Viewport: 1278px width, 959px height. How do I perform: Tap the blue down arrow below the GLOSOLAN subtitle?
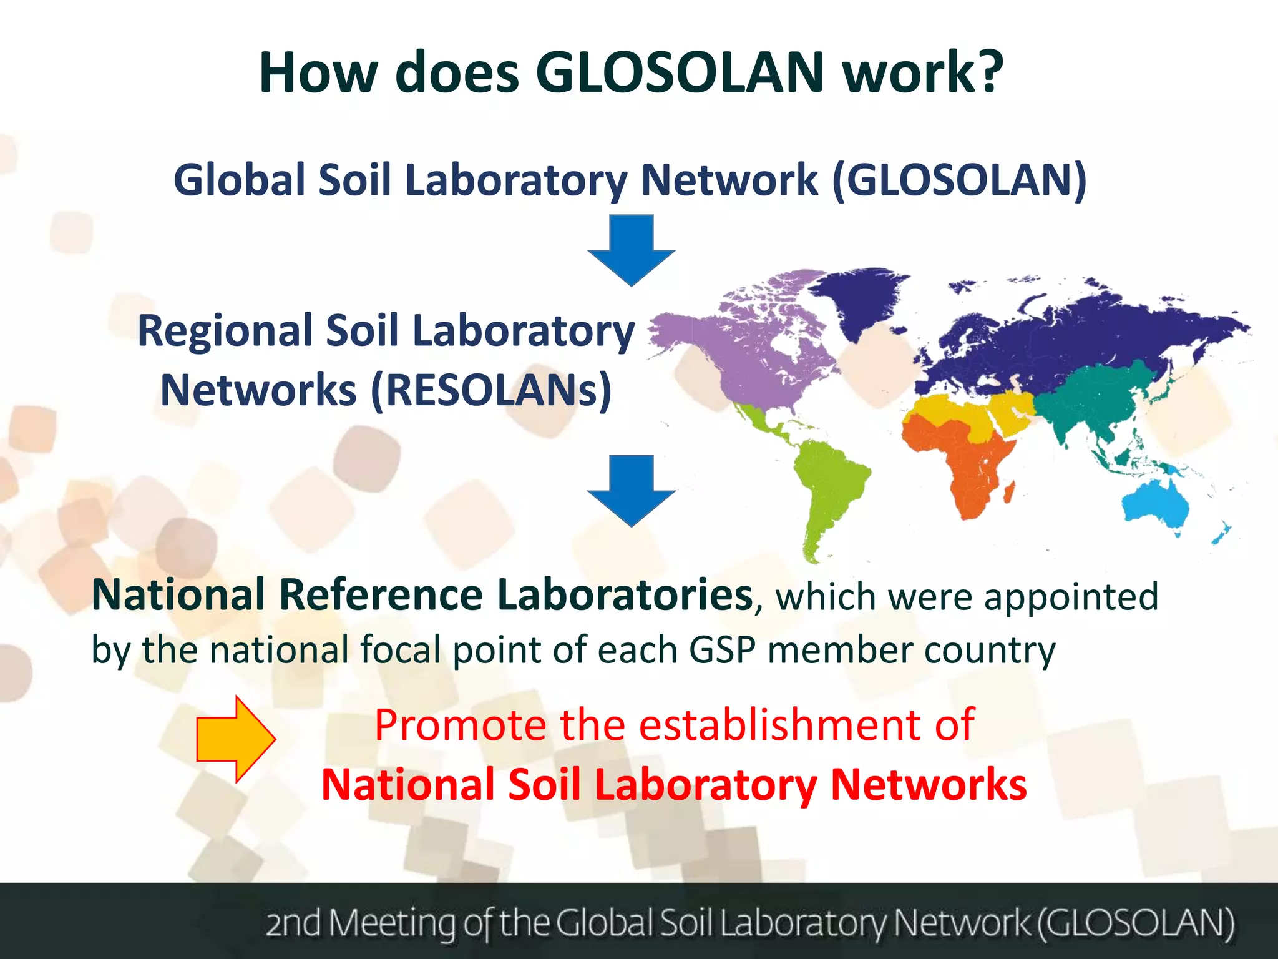click(x=632, y=250)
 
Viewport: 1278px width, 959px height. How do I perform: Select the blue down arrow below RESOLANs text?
click(x=632, y=490)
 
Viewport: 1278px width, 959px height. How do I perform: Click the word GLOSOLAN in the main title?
click(x=680, y=72)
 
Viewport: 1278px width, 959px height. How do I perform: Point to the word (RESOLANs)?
click(x=492, y=390)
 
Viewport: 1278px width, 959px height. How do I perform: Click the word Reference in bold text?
click(x=381, y=595)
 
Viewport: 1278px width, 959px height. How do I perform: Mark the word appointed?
click(x=1071, y=597)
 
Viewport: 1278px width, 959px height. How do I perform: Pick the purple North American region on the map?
click(x=743, y=350)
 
